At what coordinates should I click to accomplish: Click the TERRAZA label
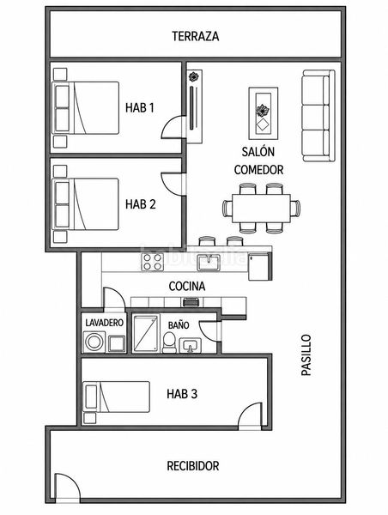click(x=196, y=36)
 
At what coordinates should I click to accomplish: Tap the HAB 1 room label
click(x=140, y=107)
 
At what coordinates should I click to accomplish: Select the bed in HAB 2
click(x=86, y=204)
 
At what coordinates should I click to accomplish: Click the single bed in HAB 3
click(x=116, y=397)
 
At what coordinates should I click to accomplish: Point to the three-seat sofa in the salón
click(x=318, y=116)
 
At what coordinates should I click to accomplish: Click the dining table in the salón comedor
click(x=261, y=209)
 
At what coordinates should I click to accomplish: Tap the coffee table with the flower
click(x=264, y=114)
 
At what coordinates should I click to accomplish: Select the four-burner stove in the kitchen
click(x=153, y=262)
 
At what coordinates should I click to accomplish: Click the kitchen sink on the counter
click(x=209, y=263)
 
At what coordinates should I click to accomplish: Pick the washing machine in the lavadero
click(x=94, y=342)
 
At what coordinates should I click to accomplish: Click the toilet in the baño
click(x=169, y=342)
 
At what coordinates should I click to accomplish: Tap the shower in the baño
click(x=145, y=334)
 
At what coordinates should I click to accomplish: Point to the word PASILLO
click(x=306, y=355)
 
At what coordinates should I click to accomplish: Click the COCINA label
click(x=187, y=286)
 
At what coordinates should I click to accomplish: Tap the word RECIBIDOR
click(x=193, y=466)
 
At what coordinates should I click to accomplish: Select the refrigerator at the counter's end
click(x=259, y=266)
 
